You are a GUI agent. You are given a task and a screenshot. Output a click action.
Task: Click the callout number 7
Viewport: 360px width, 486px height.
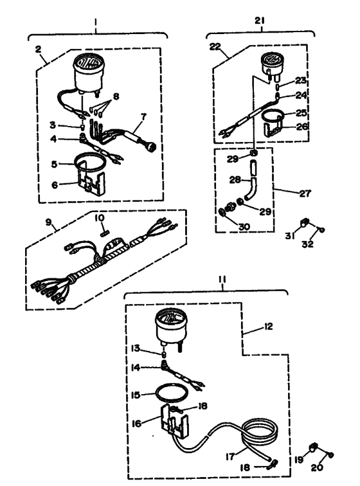pyautogui.click(x=143, y=117)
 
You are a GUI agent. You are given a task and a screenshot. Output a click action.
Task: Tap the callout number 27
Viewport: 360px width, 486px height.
pyautogui.click(x=305, y=194)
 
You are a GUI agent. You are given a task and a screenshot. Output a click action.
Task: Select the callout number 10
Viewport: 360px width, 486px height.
pyautogui.click(x=100, y=218)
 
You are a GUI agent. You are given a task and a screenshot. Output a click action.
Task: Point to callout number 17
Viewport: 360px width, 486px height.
pyautogui.click(x=230, y=456)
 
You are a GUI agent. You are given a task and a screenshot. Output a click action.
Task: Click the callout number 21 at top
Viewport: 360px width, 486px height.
pyautogui.click(x=260, y=21)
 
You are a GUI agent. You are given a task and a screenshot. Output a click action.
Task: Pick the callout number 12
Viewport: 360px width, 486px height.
pyautogui.click(x=269, y=327)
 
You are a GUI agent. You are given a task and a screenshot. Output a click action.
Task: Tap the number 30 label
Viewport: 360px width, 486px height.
pyautogui.click(x=244, y=226)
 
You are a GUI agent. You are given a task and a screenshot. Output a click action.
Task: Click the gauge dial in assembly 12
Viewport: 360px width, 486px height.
pyautogui.click(x=172, y=319)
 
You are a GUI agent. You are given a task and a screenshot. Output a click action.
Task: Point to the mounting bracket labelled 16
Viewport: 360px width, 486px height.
pyautogui.click(x=174, y=420)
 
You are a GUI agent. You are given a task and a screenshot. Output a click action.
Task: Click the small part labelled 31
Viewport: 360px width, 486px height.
pyautogui.click(x=305, y=222)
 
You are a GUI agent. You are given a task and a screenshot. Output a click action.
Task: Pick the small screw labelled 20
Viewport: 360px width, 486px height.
pyautogui.click(x=331, y=455)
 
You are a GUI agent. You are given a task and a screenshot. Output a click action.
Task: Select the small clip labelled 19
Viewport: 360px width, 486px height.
pyautogui.click(x=314, y=447)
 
